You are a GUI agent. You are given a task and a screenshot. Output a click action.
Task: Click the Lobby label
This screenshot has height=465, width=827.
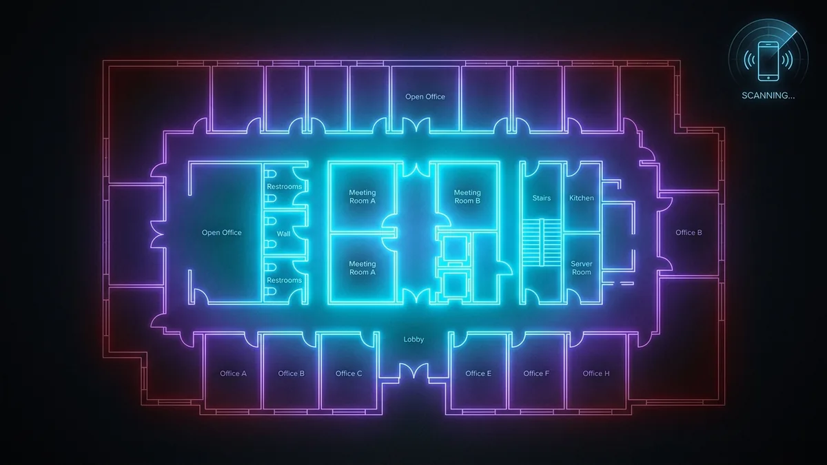pos(413,339)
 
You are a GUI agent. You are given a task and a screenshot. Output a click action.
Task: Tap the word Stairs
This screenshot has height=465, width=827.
pos(541,198)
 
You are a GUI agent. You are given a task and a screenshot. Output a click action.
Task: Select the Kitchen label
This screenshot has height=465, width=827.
pos(582,198)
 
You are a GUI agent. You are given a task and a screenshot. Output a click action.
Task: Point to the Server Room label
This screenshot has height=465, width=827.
pos(582,268)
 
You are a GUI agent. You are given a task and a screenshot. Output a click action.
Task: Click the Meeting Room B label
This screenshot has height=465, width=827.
pos(467,197)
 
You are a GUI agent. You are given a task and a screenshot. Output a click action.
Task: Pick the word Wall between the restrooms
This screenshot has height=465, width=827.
pos(283,234)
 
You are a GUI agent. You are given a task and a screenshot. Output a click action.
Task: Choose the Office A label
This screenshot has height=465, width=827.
pos(234,373)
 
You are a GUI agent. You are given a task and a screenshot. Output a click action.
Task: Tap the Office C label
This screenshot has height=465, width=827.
pos(349,373)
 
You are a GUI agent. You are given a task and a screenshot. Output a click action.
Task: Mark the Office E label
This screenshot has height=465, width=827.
pos(478,373)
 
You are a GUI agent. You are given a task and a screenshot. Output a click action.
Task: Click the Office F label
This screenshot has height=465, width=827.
pos(536,373)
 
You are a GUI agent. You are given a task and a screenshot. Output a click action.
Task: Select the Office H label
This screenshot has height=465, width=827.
pos(596,373)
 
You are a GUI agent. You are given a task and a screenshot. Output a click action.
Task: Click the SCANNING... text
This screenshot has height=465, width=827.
pos(768,96)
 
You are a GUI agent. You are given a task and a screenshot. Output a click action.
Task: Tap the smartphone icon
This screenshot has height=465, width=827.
pos(768,61)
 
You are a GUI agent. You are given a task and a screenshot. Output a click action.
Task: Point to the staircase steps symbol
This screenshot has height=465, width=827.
pos(542,242)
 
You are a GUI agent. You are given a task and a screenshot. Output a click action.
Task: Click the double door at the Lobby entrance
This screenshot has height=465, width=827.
pos(414,371)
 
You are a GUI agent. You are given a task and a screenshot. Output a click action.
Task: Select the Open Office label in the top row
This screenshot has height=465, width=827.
pos(425,96)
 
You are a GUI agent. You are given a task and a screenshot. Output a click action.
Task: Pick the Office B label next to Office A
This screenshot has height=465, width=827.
pos(292,373)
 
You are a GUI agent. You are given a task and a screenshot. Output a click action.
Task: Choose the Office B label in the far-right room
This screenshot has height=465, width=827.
pos(688,233)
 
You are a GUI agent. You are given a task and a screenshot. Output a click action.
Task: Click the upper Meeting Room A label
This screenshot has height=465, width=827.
pos(363,197)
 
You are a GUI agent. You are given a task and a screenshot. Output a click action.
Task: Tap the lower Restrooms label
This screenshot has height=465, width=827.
pos(284,280)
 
